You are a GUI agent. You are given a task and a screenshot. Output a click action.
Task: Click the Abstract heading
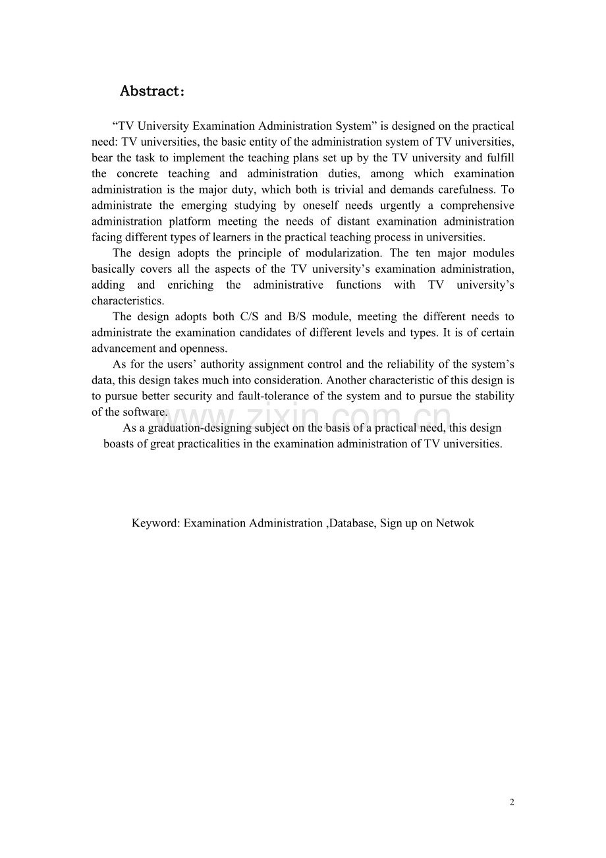151,92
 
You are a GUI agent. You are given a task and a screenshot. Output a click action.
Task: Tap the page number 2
512,802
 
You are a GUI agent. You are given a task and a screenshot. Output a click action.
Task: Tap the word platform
187,221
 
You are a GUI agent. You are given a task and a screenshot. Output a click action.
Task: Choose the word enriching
190,285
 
